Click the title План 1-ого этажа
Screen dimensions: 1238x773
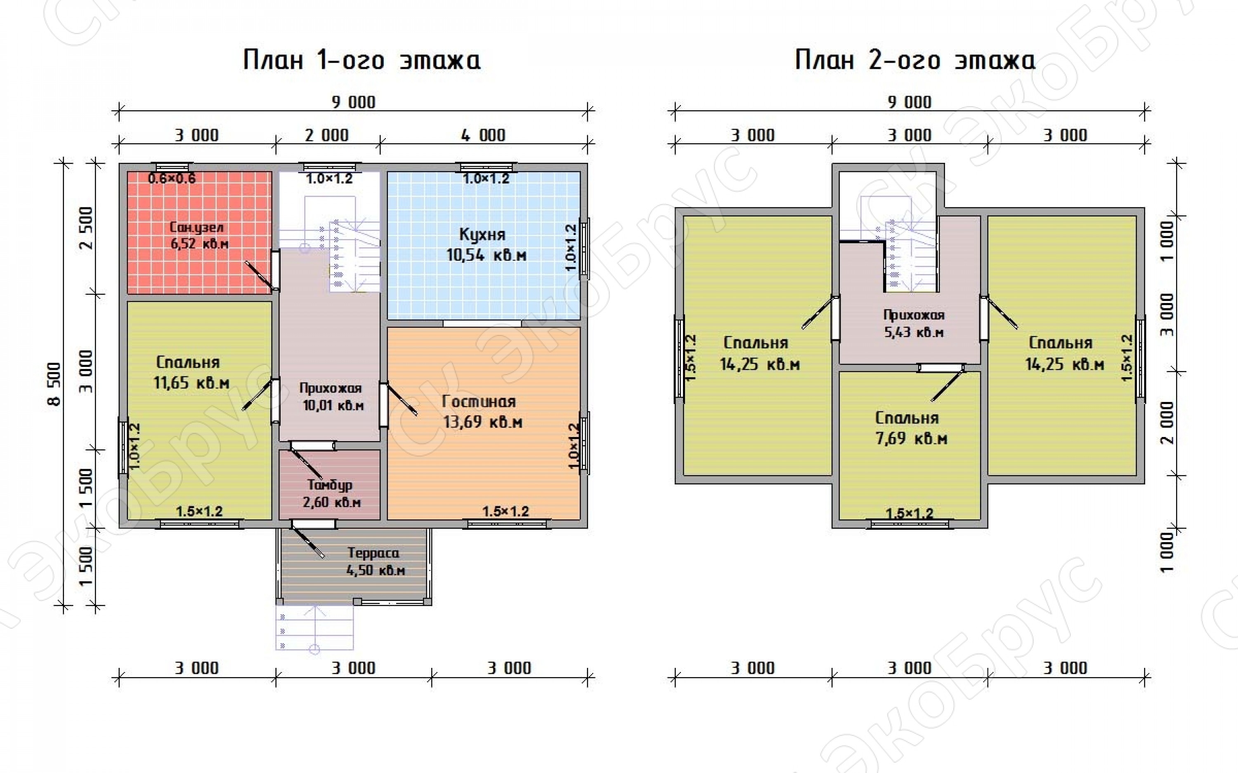pyautogui.click(x=361, y=60)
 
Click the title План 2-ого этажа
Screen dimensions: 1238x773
pyautogui.click(x=915, y=60)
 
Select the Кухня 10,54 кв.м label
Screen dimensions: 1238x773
pyautogui.click(x=486, y=244)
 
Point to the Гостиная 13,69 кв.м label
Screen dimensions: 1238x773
pyautogui.click(x=482, y=411)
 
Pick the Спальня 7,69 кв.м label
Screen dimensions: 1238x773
pyautogui.click(x=911, y=428)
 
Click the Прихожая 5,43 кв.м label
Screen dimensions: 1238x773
pyautogui.click(x=914, y=324)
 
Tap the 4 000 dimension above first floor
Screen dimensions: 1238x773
pyautogui.click(x=483, y=136)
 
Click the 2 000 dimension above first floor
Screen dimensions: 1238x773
pyautogui.click(x=327, y=136)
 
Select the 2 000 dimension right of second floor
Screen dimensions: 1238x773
pyautogui.click(x=1167, y=422)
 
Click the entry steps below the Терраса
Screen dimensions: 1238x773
pyautogui.click(x=314, y=628)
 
